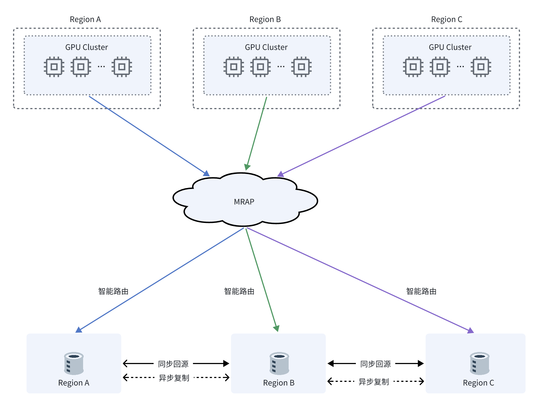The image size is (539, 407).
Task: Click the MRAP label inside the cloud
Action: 244,202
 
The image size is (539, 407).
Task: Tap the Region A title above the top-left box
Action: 85,19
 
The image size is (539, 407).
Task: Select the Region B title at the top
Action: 265,19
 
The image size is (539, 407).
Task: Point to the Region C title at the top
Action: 447,19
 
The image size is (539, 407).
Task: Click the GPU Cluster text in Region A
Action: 86,47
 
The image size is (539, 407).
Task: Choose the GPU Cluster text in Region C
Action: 450,47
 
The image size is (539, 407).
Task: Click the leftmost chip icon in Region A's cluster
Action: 54,67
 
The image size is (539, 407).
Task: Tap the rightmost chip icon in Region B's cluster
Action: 301,67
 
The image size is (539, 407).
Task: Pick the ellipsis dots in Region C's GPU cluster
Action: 460,67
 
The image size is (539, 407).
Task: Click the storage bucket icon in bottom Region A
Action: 74,363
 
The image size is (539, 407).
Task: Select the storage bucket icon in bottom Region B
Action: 279,363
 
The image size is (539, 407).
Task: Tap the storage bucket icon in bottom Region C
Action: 479,363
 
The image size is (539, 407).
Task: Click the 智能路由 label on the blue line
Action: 113,291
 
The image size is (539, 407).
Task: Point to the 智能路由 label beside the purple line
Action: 421,291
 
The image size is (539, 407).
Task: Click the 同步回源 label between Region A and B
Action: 173,364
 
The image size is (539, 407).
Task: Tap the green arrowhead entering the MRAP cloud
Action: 247,167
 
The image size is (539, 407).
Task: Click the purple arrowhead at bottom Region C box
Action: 471,331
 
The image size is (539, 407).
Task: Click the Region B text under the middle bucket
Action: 279,383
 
